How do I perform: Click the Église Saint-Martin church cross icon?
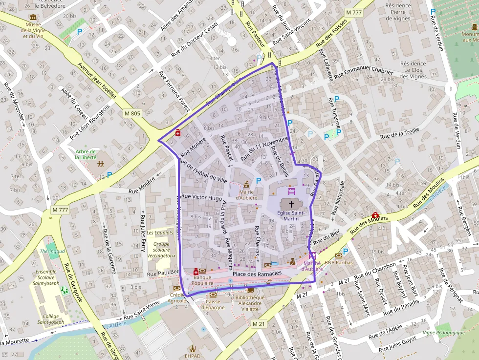tap(291, 204)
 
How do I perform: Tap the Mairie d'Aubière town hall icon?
tap(246, 185)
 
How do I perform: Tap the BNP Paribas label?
tap(338, 262)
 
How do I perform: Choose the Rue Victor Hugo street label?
tap(201, 198)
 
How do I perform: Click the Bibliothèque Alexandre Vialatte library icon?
tap(250, 290)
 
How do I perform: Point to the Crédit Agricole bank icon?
tap(176, 289)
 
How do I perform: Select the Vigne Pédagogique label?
tap(443, 333)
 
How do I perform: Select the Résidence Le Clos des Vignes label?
tap(413, 70)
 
